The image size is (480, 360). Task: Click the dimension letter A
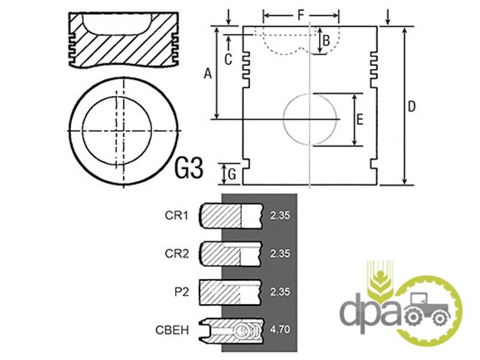(x=208, y=74)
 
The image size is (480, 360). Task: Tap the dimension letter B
(x=326, y=41)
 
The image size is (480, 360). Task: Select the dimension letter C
(x=228, y=59)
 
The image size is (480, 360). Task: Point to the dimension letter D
(x=412, y=107)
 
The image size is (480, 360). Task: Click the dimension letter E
(x=360, y=119)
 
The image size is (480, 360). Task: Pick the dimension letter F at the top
(x=302, y=15)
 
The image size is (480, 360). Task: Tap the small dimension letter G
(x=232, y=175)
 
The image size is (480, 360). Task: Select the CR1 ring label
(x=176, y=215)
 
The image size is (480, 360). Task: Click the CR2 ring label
(x=176, y=254)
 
